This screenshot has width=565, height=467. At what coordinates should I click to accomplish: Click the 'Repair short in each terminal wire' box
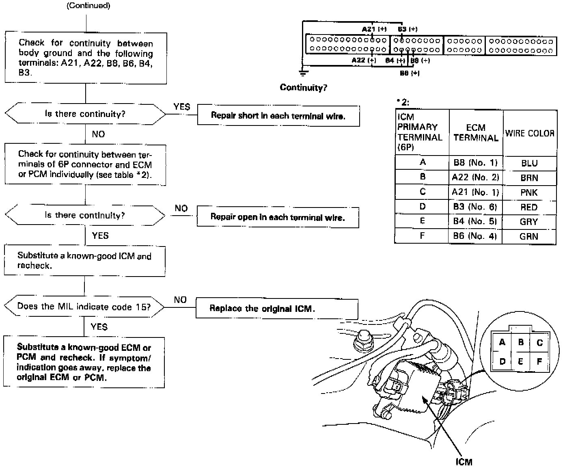(278, 116)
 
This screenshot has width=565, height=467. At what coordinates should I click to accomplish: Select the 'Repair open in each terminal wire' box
(278, 217)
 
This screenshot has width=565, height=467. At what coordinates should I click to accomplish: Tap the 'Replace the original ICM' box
(277, 309)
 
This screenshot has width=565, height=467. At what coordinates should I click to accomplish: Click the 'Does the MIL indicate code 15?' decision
(84, 307)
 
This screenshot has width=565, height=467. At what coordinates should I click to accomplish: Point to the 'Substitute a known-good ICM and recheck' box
(84, 261)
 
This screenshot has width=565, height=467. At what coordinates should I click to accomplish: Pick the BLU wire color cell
(529, 163)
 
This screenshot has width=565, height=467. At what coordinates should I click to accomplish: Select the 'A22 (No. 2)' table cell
(475, 177)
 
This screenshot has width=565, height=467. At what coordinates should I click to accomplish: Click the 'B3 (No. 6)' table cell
(475, 207)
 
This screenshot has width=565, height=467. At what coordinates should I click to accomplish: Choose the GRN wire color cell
(529, 236)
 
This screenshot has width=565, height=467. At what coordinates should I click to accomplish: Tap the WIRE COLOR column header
(530, 133)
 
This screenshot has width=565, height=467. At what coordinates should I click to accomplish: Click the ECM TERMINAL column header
(476, 132)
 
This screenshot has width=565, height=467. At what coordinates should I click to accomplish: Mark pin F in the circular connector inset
(539, 361)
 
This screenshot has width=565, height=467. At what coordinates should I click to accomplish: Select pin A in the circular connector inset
(502, 342)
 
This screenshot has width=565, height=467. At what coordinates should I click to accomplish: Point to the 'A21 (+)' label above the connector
(374, 29)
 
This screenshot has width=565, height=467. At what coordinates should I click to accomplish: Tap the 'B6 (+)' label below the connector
(410, 73)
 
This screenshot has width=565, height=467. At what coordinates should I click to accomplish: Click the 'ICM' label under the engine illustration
(464, 462)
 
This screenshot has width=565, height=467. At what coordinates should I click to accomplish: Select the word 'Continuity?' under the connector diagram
(303, 87)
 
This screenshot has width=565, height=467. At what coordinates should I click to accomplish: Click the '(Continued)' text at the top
(88, 6)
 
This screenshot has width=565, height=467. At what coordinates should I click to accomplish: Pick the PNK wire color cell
(529, 192)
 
